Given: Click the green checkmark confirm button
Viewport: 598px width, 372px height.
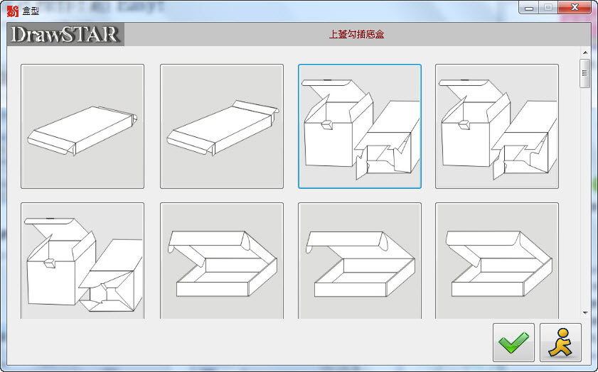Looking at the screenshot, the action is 513,342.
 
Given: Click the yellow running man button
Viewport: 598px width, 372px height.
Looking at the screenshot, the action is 560,342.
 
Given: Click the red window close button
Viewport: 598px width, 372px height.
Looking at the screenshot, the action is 575,7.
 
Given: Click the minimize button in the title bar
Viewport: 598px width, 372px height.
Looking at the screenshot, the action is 528,7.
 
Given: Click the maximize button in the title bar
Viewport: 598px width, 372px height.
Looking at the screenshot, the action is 548,7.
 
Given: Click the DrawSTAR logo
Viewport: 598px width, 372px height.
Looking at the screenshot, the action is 65,34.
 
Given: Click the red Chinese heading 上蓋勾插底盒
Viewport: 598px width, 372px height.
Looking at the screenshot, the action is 356,35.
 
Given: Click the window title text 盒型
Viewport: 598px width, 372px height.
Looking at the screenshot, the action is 31,11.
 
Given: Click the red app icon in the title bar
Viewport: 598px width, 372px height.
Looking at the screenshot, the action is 13,11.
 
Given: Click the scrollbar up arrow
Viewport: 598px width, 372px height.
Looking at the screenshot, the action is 585,53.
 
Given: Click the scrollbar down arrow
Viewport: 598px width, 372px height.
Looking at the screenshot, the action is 585,313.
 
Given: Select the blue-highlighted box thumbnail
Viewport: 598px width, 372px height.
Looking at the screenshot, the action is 360,126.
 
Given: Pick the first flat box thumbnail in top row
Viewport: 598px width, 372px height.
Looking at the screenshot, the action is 82,126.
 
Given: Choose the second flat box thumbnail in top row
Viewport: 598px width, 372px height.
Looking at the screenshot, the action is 222,126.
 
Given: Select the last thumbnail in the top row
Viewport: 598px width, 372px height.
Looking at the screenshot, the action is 497,126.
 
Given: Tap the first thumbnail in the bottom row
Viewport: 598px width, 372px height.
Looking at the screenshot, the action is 82,261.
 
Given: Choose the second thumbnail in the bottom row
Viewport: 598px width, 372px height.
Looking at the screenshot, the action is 222,261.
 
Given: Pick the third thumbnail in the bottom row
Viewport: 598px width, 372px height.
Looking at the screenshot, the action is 360,261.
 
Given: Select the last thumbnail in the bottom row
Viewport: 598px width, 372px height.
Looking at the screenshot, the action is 497,261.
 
